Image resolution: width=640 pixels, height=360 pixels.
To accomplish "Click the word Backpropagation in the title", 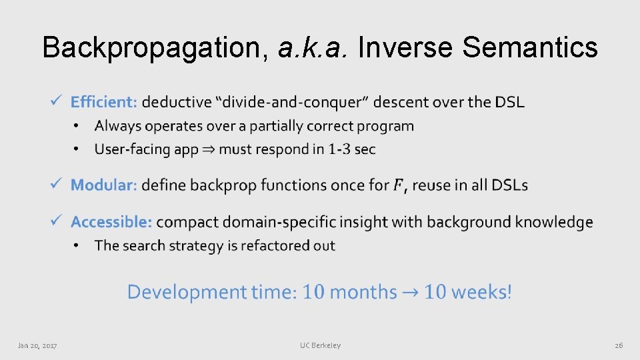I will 153,47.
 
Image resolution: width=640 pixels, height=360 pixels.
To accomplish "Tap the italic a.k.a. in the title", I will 311,47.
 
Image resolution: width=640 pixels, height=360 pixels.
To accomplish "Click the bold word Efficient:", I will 104,102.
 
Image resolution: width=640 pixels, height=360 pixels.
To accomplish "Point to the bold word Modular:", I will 104,185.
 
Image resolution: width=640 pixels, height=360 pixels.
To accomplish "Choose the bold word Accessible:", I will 111,221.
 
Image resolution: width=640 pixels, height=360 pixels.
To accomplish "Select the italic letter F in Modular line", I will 398,185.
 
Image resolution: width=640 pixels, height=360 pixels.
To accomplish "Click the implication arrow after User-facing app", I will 209,149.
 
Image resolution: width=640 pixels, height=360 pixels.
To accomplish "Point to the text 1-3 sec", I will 351,149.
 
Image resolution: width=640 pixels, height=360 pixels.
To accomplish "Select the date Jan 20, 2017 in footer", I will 37,345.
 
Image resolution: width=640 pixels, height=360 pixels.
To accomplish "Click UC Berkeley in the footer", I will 320,345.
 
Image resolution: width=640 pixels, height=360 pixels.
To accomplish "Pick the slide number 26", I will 618,345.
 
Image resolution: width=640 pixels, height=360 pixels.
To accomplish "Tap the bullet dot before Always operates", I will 77,127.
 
